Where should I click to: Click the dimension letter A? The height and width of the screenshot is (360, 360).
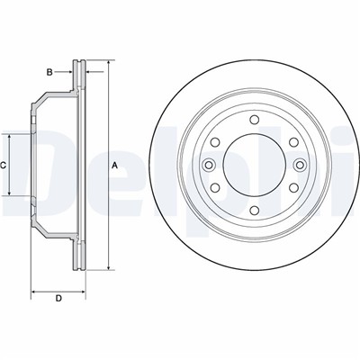point(114,165)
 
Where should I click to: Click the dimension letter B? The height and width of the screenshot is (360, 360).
point(49,72)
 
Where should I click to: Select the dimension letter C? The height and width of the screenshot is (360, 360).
point(3,165)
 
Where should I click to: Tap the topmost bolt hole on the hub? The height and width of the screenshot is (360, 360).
point(254,120)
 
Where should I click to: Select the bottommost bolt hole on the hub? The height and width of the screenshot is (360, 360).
point(254,211)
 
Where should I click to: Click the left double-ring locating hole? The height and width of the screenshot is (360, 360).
point(209,165)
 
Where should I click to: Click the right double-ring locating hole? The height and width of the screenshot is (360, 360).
point(300,165)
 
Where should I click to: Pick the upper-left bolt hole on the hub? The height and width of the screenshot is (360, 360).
point(215,142)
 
